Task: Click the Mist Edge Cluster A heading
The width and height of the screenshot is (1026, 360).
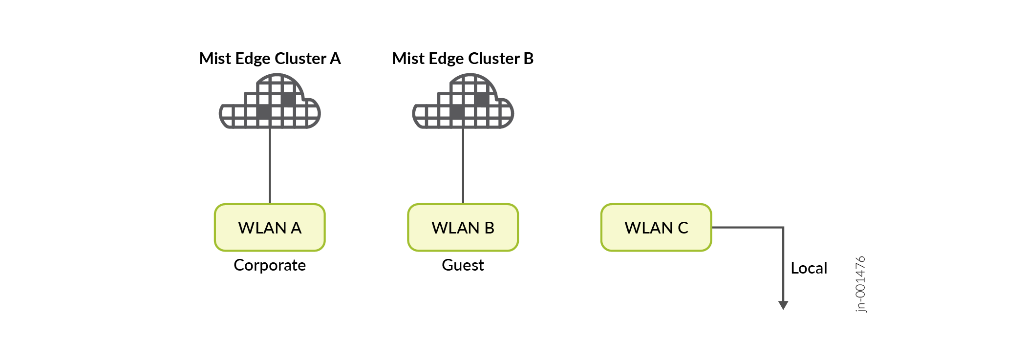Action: [270, 59]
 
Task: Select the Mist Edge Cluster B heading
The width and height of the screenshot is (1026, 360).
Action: [463, 59]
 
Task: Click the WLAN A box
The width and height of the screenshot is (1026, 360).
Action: [270, 228]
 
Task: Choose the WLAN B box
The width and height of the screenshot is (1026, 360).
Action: [463, 228]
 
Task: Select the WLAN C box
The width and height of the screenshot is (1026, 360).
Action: [656, 228]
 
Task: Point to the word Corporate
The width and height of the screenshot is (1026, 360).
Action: [270, 265]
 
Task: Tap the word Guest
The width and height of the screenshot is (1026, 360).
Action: [463, 265]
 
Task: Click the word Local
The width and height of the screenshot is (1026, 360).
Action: [809, 268]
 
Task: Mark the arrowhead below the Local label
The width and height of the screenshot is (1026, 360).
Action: [783, 305]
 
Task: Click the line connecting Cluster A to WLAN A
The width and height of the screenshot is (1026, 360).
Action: [270, 166]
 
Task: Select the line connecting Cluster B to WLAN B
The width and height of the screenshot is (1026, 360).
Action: [463, 166]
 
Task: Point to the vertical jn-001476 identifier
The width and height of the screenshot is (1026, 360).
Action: [861, 284]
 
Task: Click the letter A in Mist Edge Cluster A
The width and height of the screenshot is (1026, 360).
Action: [335, 59]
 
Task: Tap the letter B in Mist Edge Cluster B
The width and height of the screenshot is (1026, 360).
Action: [528, 59]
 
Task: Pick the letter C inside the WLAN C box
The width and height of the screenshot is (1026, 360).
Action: [683, 228]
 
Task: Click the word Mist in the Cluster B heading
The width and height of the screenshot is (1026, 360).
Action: [408, 59]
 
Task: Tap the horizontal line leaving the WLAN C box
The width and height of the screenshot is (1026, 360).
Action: [748, 227]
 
